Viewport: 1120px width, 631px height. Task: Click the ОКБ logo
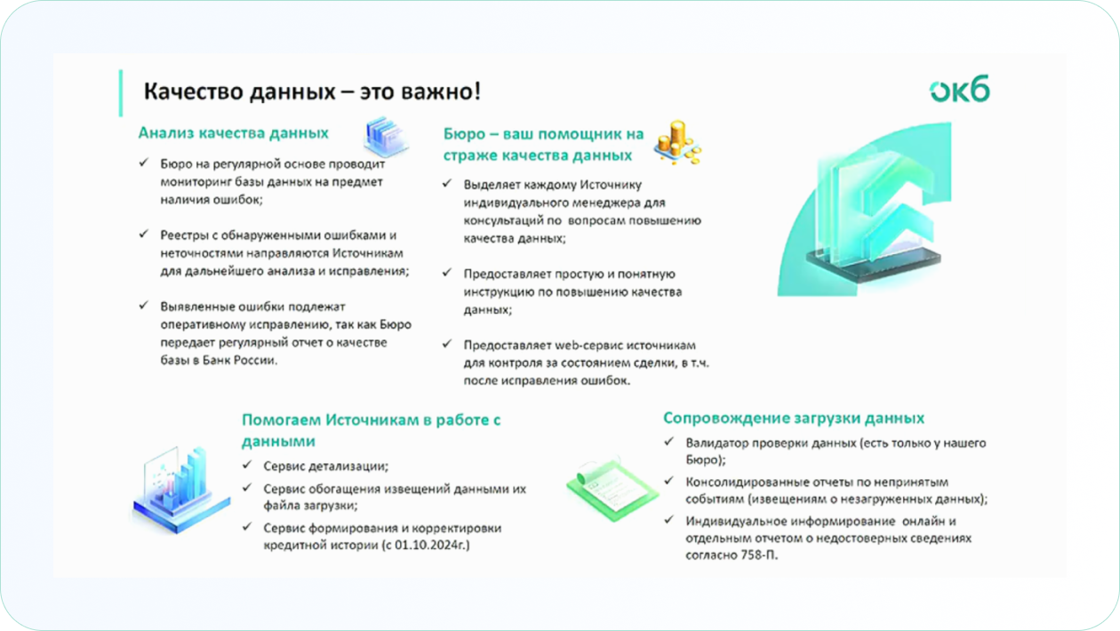(959, 89)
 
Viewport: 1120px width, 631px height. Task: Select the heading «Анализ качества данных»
(233, 133)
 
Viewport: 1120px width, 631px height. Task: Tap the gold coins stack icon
(677, 142)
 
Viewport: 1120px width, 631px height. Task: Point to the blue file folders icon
(386, 136)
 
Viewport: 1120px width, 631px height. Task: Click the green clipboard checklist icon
(612, 490)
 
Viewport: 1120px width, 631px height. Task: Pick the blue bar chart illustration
(181, 490)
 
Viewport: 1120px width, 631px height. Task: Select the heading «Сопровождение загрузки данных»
(794, 418)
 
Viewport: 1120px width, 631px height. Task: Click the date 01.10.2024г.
(430, 545)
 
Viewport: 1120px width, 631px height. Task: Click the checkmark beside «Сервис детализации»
(247, 465)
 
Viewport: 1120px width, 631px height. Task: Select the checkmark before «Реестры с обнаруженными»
(144, 234)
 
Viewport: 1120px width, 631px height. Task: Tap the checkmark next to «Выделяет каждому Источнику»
(447, 183)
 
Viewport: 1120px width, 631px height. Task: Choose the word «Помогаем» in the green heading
(281, 420)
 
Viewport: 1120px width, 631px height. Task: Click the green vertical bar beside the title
(121, 93)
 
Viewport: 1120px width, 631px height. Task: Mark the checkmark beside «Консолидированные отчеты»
(669, 481)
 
